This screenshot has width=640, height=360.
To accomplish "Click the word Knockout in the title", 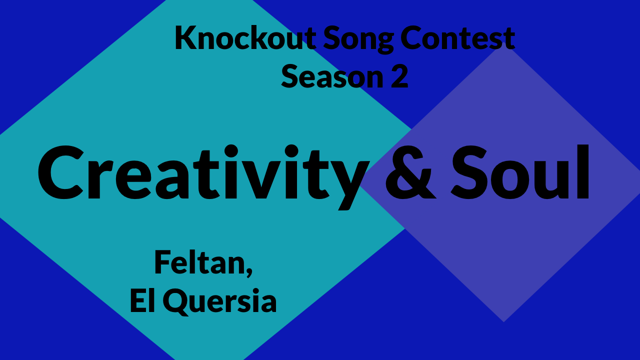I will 245,38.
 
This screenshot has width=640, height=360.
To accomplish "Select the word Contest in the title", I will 457,38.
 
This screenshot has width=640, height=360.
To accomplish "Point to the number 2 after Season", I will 399,76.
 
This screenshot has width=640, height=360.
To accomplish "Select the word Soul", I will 521,172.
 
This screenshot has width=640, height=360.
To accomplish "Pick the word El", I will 143,301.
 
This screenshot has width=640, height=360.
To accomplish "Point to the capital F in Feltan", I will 162,262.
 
